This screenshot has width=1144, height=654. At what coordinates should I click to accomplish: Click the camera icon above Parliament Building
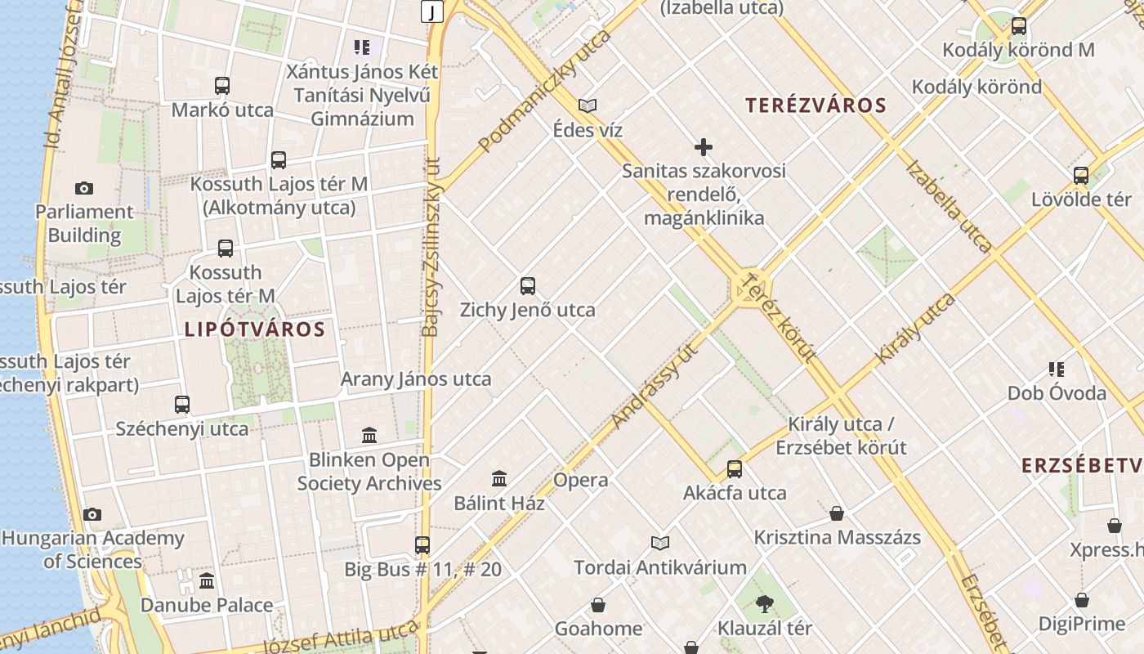83,189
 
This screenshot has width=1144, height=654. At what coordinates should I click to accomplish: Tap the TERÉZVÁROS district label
816,105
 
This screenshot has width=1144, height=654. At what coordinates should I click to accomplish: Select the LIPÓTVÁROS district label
255,329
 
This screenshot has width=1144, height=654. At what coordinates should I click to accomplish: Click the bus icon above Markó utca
222,86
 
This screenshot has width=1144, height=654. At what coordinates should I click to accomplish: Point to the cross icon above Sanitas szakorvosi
704,147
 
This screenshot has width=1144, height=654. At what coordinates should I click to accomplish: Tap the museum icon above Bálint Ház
499,479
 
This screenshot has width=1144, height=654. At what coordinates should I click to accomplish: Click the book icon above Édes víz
588,105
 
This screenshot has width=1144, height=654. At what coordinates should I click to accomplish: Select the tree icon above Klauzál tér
765,604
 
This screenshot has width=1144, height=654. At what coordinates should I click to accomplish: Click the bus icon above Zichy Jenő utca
528,286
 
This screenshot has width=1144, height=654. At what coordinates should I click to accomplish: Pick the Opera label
581,480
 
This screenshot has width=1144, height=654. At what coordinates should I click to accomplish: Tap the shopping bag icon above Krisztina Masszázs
837,513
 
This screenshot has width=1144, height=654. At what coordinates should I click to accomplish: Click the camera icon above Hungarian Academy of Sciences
92,514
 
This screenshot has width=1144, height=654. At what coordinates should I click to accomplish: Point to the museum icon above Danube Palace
207,581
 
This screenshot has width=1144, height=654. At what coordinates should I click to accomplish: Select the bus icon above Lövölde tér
1081,176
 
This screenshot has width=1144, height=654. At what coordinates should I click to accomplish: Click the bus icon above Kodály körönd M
1018,26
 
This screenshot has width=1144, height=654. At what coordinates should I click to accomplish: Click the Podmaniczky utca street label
544,92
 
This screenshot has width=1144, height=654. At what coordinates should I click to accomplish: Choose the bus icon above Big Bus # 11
422,545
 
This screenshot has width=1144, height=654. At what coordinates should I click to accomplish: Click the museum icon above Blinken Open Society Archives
369,435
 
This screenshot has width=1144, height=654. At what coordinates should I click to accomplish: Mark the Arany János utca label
416,379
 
